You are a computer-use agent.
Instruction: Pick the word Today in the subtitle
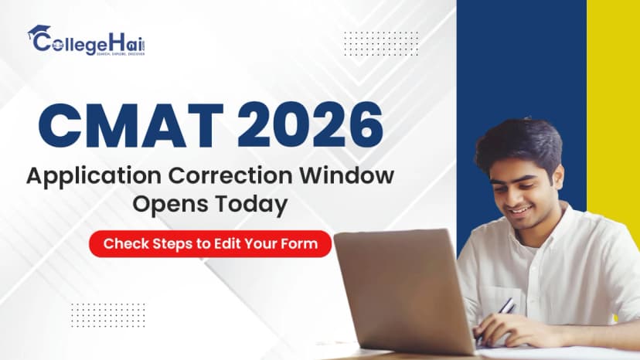point(252,204)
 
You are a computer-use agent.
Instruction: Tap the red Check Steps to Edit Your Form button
point(210,243)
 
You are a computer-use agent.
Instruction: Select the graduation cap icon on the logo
point(38,32)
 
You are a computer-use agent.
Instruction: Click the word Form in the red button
point(304,243)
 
